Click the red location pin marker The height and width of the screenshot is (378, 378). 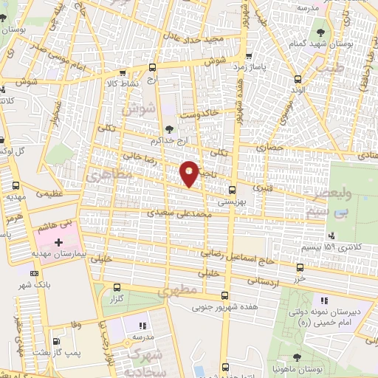[x=190, y=172]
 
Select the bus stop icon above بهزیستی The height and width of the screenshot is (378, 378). [x=232, y=189]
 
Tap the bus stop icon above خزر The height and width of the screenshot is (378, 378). [x=299, y=268]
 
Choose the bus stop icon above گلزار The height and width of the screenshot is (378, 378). [x=117, y=287]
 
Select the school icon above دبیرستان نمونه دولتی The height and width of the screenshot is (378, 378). [x=323, y=300]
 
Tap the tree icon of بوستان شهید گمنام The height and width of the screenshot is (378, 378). [x=319, y=32]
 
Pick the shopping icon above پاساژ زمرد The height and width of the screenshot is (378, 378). [x=250, y=56]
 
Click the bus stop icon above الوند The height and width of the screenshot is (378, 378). [x=297, y=80]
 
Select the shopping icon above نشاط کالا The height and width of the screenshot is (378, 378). [x=123, y=73]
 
